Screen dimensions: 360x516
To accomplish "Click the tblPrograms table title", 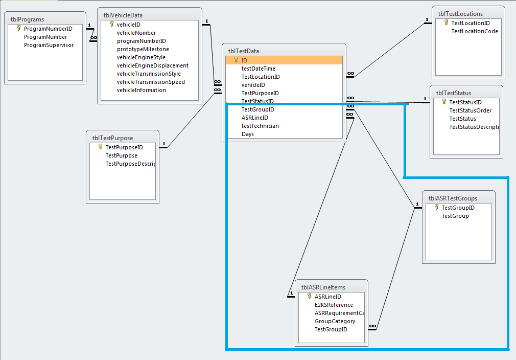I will [x=27, y=19].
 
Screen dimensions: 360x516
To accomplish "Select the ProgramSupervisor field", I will [x=49, y=45].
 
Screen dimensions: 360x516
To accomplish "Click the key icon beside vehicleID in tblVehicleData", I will [x=111, y=24].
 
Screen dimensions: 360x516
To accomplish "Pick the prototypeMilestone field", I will [x=143, y=49].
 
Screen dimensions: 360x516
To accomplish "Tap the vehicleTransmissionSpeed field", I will [x=151, y=82].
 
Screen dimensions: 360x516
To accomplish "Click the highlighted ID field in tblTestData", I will [x=245, y=60].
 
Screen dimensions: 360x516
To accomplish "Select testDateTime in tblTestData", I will [x=258, y=69].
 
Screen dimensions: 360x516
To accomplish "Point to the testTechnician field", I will [x=260, y=126].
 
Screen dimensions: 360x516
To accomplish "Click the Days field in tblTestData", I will [x=248, y=134].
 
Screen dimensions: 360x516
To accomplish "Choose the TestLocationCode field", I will [x=474, y=31].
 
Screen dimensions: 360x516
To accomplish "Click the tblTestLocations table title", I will [x=460, y=14].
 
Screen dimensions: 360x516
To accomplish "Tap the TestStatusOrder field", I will [x=470, y=110].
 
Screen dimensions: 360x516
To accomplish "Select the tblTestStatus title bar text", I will [x=453, y=93].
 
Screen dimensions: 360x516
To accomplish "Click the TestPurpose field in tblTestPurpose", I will [x=121, y=155].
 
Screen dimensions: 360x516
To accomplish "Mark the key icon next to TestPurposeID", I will [x=100, y=147].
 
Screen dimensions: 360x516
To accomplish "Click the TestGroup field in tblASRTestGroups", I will [x=455, y=216].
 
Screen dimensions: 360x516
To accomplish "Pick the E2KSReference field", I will [x=334, y=305].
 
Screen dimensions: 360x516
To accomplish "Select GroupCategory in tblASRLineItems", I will [x=335, y=321].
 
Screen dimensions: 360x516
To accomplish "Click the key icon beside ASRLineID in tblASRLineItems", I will [x=309, y=296].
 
